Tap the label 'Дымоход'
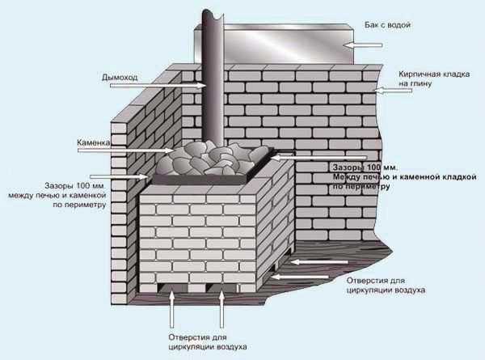pos(120,77)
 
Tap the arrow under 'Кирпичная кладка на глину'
pos(393,91)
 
